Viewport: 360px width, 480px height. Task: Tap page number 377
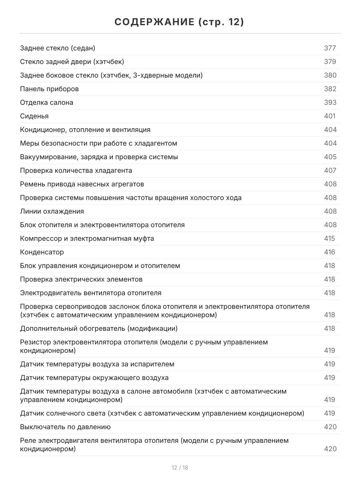[330, 48]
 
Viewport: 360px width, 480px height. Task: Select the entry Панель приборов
[49, 89]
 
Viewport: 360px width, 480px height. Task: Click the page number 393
[330, 103]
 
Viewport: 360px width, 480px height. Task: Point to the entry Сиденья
[34, 116]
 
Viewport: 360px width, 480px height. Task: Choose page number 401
[330, 116]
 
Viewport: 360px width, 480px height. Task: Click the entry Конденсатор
[42, 252]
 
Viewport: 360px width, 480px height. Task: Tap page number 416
[330, 252]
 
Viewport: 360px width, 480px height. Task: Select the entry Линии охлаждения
[52, 212]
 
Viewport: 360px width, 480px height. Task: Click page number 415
[330, 239]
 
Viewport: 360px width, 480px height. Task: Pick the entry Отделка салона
[47, 103]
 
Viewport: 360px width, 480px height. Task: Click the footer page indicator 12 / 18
[180, 468]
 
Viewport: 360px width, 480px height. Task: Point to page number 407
[330, 171]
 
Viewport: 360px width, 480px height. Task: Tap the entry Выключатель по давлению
[65, 427]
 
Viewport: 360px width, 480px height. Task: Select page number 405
[330, 157]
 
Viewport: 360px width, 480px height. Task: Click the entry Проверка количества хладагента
[76, 171]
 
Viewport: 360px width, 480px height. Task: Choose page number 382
[330, 89]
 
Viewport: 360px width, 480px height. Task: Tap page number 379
[330, 62]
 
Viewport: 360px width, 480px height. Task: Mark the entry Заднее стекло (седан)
[58, 48]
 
